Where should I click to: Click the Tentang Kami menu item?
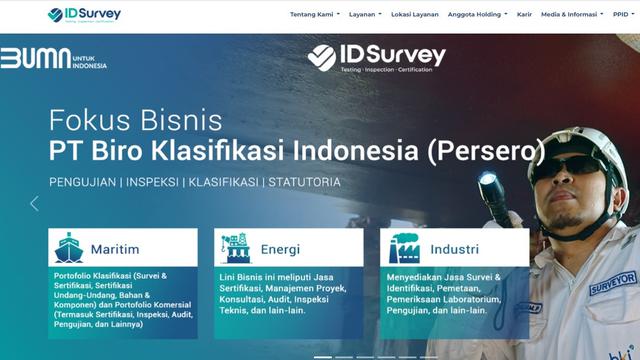point(314,15)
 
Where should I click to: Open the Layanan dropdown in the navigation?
point(368,15)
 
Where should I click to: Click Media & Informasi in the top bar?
point(571,15)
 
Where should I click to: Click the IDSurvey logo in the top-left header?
point(86,15)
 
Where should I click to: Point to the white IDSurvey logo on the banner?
point(376,57)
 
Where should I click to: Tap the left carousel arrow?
point(34,203)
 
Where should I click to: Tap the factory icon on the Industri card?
point(402,247)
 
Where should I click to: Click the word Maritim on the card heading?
point(114,249)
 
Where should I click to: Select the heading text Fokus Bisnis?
point(136,122)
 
